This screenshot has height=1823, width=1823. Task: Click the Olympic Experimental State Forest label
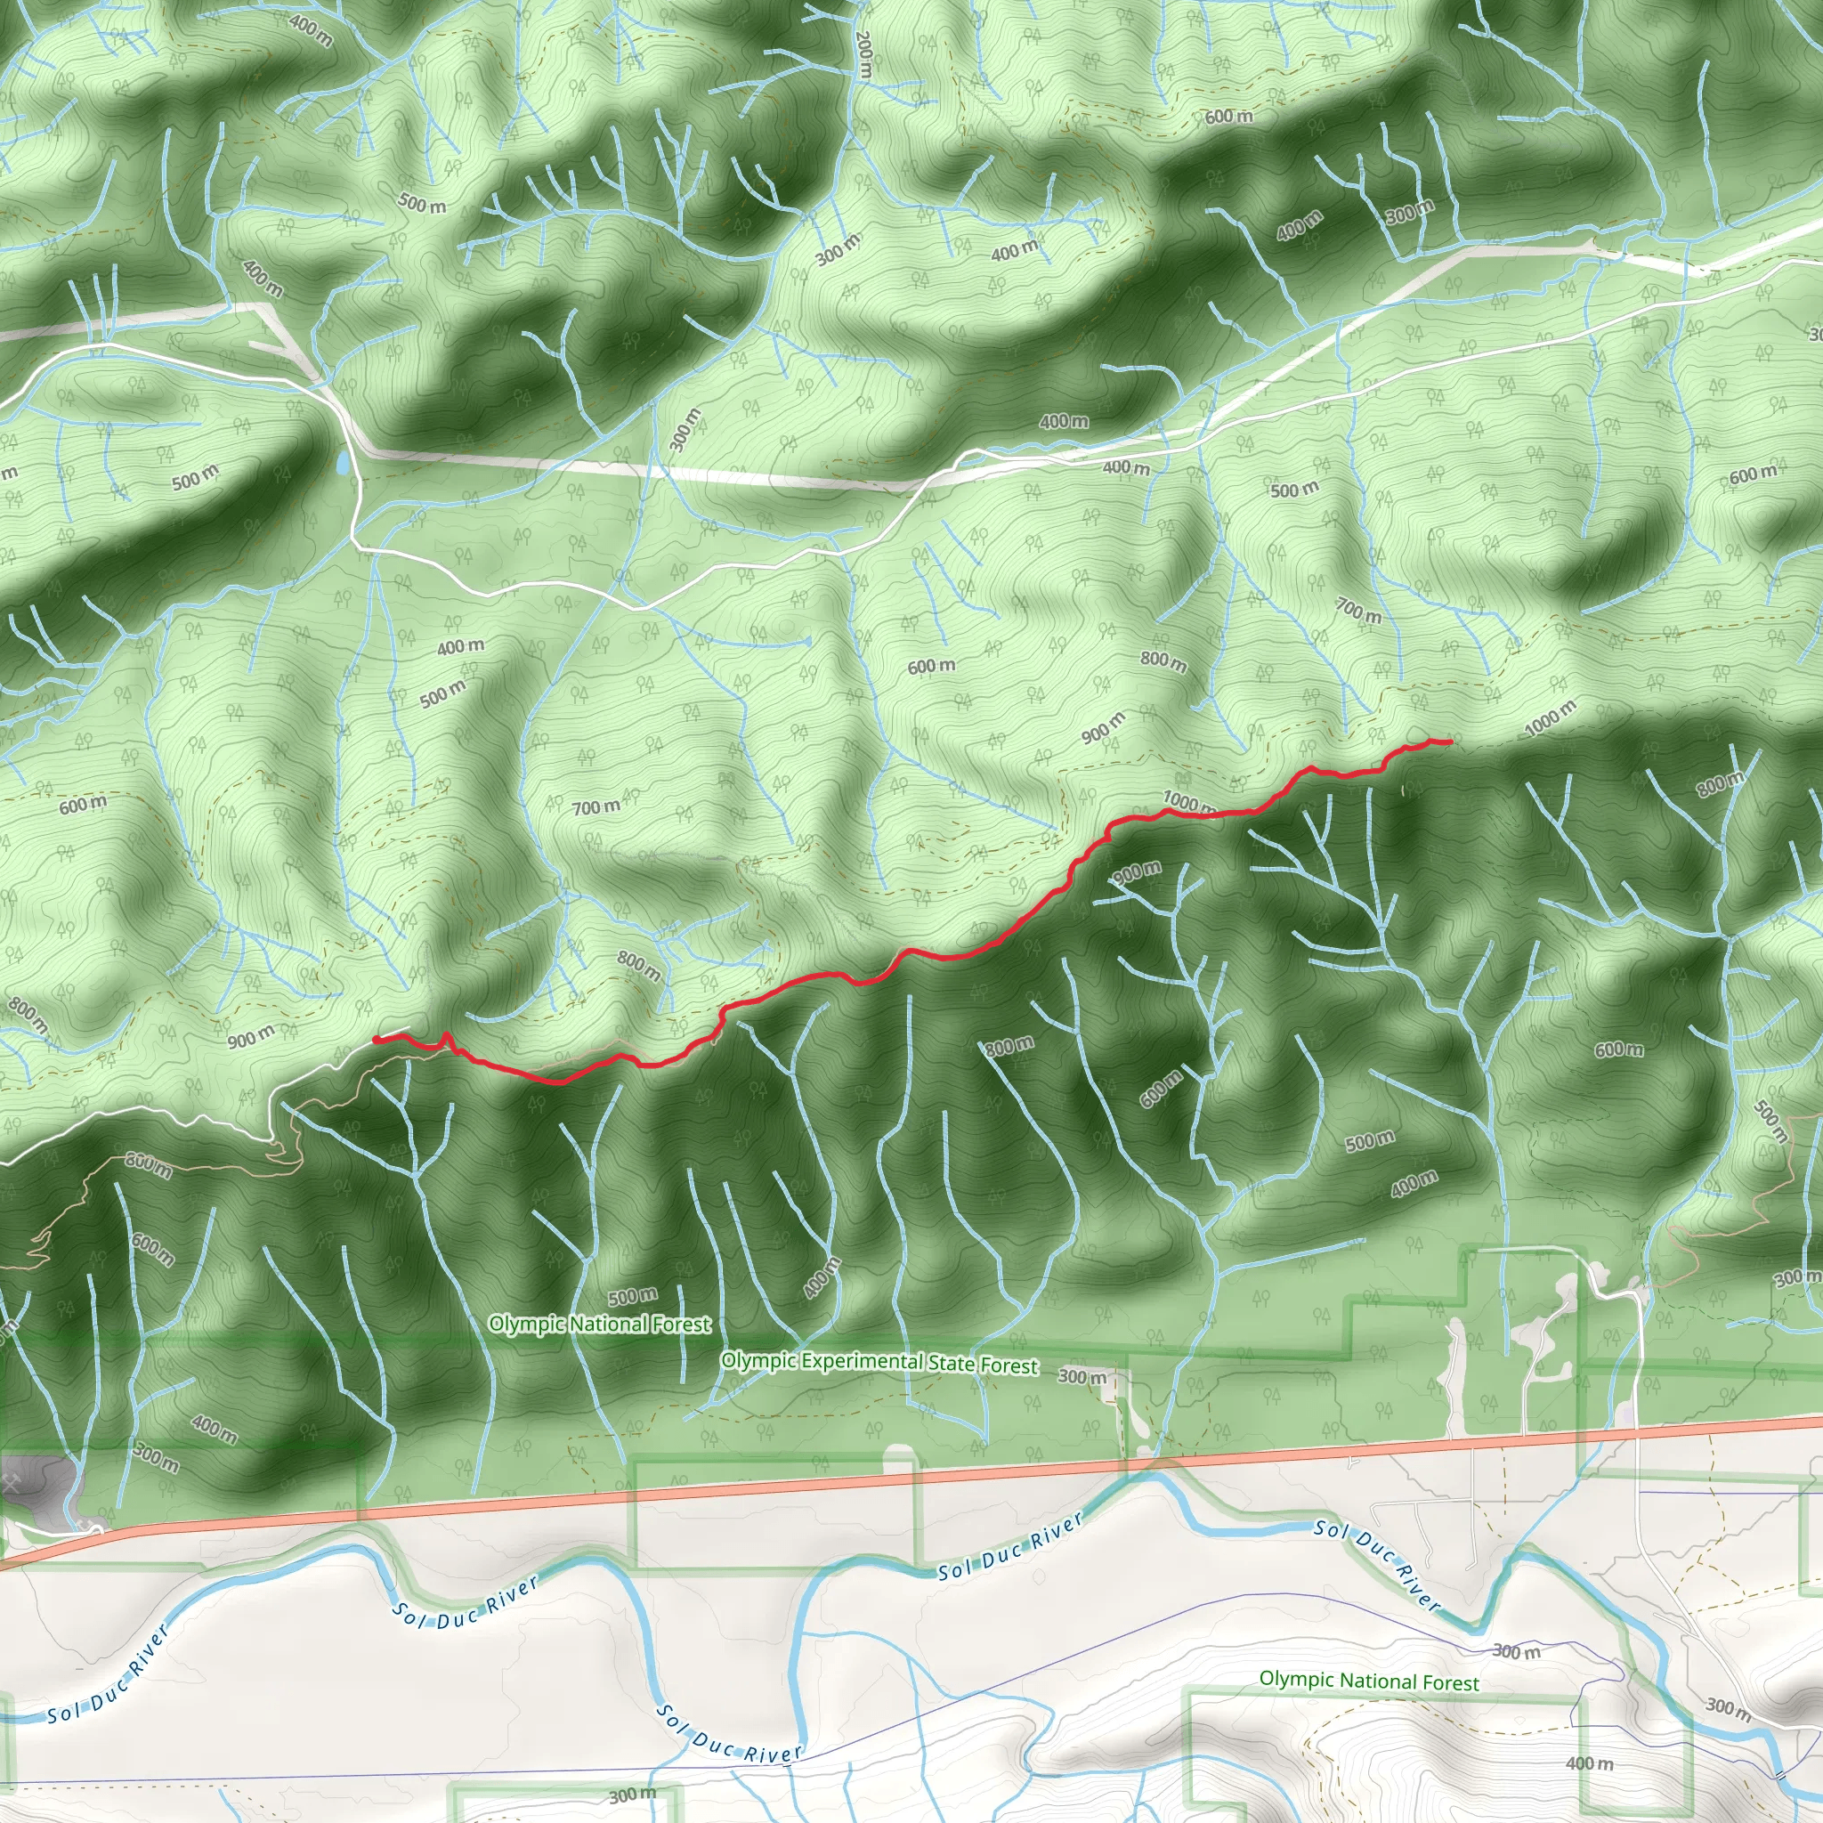[879, 1363]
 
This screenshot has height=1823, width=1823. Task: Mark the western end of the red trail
[377, 1039]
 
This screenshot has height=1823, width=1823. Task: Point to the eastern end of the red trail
[1448, 742]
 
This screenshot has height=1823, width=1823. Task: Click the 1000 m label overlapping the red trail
[1189, 804]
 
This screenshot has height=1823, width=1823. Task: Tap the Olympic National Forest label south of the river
[1369, 1681]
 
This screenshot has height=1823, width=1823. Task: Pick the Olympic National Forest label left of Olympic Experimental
[599, 1324]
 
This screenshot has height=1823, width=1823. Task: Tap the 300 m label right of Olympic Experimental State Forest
[1082, 1377]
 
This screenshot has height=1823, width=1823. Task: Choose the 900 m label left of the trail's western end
[251, 1038]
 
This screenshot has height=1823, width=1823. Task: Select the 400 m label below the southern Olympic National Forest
[1590, 1762]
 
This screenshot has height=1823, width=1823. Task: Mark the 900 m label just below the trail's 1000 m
[1136, 871]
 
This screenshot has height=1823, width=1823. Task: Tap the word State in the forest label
[952, 1364]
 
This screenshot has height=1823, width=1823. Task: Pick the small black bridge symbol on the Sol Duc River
[1780, 1775]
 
